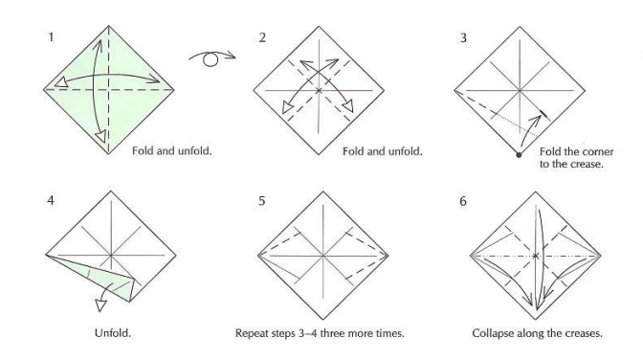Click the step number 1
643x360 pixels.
(x=51, y=37)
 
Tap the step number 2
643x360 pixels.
(x=262, y=37)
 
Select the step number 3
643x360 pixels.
(x=463, y=37)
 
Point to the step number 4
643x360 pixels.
(x=51, y=201)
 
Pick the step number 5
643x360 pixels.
(x=262, y=201)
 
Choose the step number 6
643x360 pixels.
(x=463, y=201)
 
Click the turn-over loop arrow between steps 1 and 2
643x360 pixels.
(x=211, y=57)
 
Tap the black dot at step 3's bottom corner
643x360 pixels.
(x=519, y=155)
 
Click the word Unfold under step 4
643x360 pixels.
(x=112, y=333)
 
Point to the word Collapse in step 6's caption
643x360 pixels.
(x=491, y=333)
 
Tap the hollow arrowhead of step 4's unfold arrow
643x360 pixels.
(x=100, y=305)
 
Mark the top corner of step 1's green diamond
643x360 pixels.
(x=109, y=26)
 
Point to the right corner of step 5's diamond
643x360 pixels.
(x=388, y=256)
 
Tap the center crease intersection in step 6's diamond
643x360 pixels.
(x=536, y=256)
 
